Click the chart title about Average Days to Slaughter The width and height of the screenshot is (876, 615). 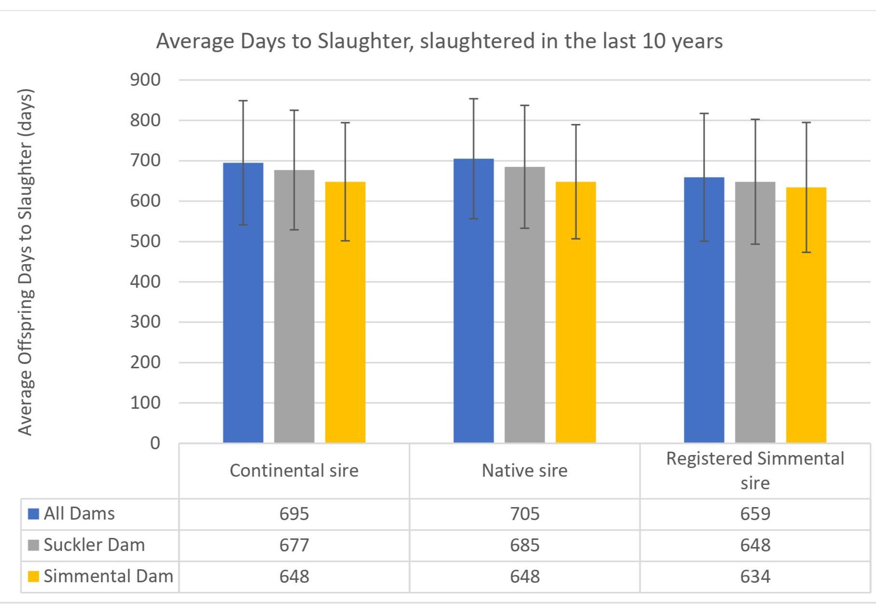(x=439, y=41)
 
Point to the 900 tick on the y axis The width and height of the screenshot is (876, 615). (x=145, y=80)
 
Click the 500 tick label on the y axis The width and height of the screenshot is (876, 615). (x=145, y=241)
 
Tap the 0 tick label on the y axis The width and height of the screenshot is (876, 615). (x=155, y=443)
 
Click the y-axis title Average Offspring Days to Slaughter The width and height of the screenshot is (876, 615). (x=25, y=262)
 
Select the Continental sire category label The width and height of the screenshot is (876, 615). (x=294, y=471)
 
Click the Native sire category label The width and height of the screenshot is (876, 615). (x=524, y=471)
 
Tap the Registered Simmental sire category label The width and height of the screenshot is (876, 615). (x=755, y=470)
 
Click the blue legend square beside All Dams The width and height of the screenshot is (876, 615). (x=33, y=514)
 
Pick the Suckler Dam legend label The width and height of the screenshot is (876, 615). (x=94, y=545)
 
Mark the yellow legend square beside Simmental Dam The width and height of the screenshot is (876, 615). (x=33, y=576)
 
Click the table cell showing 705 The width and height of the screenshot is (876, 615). (x=524, y=514)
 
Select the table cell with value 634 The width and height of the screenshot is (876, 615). (x=755, y=576)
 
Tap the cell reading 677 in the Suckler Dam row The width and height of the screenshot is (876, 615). (x=294, y=545)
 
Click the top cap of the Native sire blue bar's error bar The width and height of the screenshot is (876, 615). (x=473, y=99)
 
